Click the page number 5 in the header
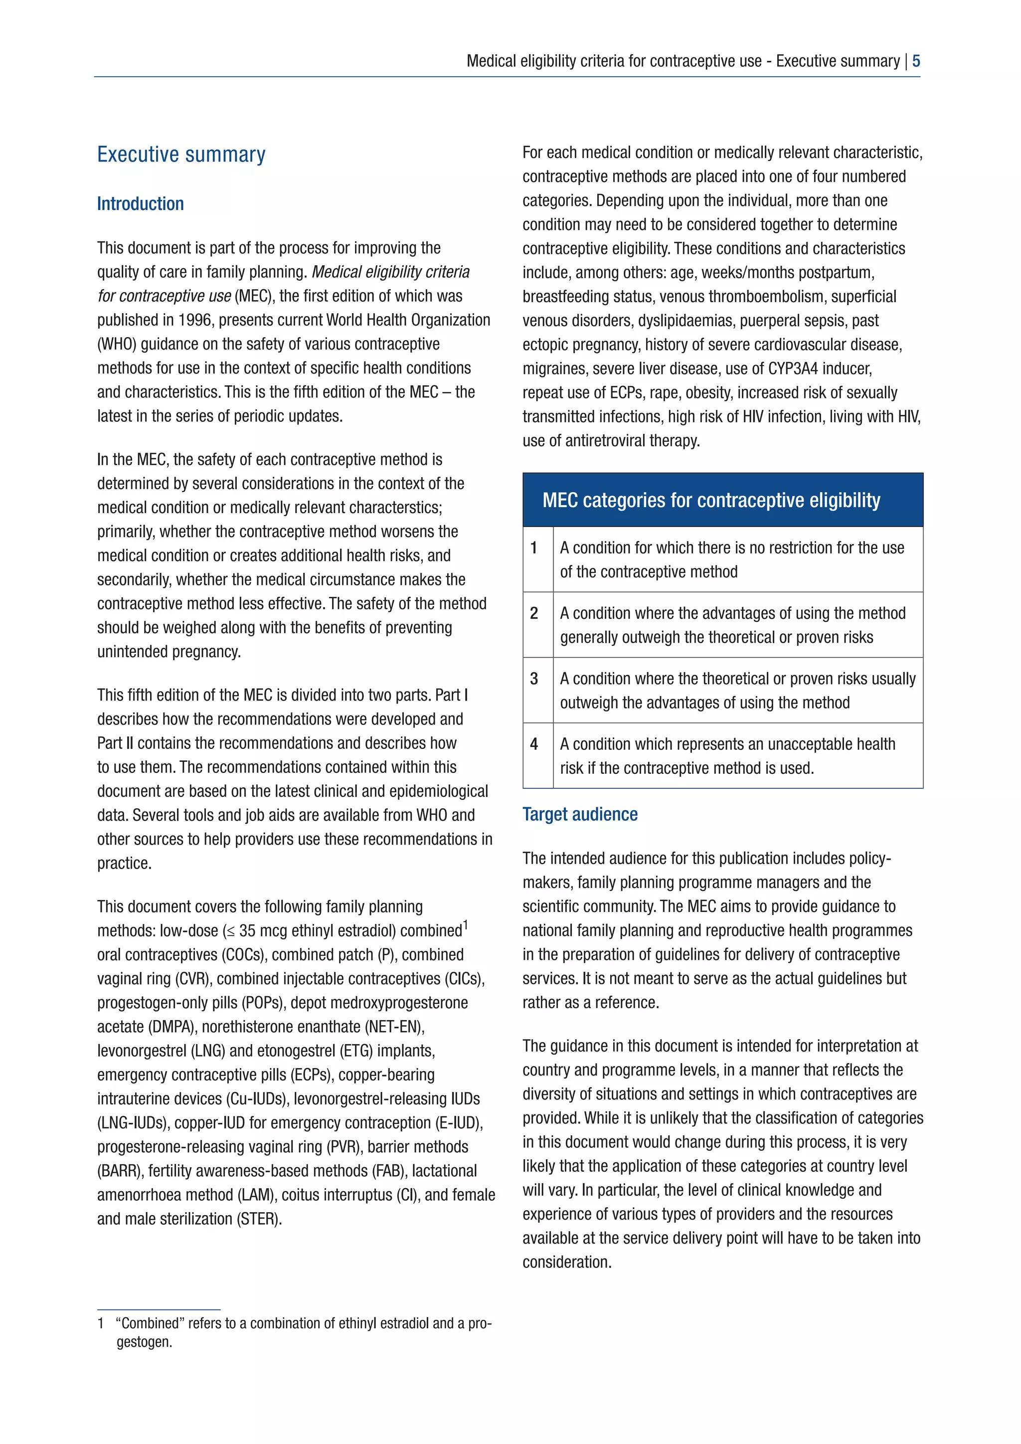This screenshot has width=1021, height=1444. tap(916, 61)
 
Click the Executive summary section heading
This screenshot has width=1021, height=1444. tap(181, 155)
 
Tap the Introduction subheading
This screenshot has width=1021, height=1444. tap(140, 204)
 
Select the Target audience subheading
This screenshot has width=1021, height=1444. tap(580, 814)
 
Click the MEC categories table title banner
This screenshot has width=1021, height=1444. tap(722, 500)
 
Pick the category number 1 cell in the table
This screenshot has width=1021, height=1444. tap(534, 548)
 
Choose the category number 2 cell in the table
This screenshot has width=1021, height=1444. tap(534, 614)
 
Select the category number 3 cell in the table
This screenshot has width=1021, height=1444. tap(534, 679)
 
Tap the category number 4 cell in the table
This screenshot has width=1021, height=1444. tap(534, 744)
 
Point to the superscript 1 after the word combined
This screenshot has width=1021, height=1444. tap(465, 924)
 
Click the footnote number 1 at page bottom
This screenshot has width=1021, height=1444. tap(101, 1323)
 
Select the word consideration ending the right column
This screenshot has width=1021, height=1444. tap(566, 1262)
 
